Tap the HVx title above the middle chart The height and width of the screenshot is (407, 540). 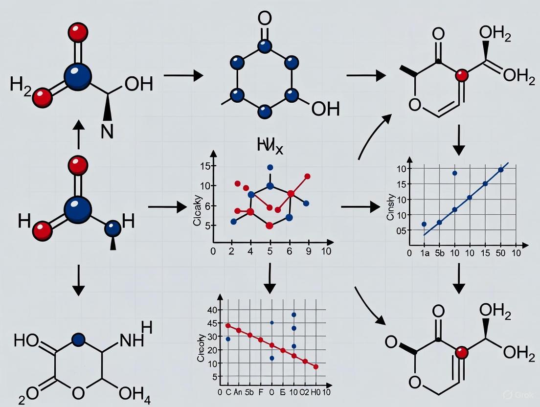pyautogui.click(x=270, y=145)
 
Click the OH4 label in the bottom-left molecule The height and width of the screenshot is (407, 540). pyautogui.click(x=134, y=393)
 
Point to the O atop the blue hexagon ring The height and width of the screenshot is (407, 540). pyautogui.click(x=264, y=20)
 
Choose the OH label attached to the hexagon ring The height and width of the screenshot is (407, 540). pyautogui.click(x=325, y=108)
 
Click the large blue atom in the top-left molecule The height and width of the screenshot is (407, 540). pyautogui.click(x=77, y=77)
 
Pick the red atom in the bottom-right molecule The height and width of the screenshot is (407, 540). pyautogui.click(x=460, y=352)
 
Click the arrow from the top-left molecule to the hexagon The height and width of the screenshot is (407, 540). pyautogui.click(x=183, y=76)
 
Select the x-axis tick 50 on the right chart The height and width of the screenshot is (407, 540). pyautogui.click(x=500, y=253)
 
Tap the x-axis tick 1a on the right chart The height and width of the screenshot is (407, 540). pyautogui.click(x=425, y=253)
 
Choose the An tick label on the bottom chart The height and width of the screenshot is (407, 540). pyautogui.click(x=239, y=392)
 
